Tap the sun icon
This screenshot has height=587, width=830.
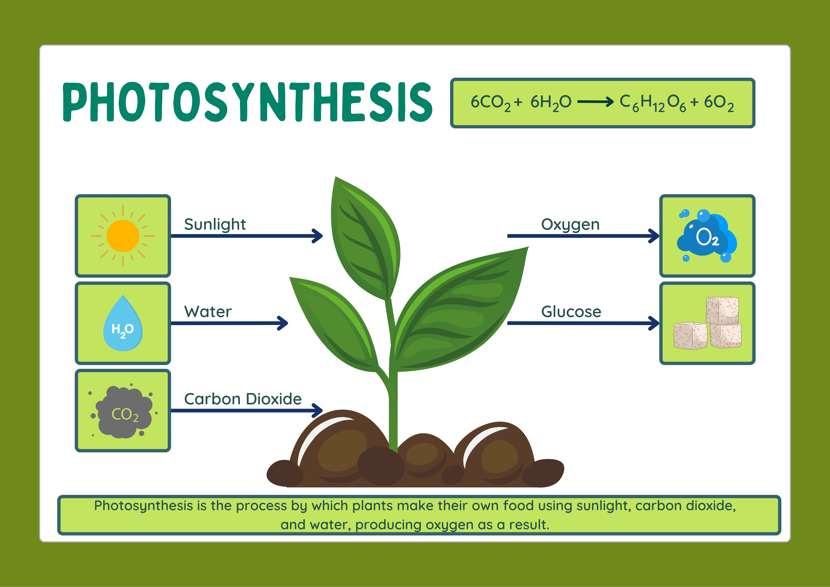point(123,236)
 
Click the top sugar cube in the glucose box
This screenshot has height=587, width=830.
point(722,310)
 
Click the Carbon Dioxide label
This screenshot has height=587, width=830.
point(243,399)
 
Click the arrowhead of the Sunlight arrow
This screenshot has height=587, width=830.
point(318,236)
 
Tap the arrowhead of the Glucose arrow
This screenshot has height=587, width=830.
point(654,323)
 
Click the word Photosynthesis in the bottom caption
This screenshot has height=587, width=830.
point(143,506)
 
